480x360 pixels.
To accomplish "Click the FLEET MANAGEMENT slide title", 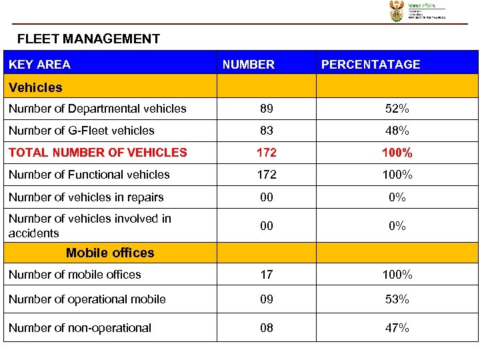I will (x=89, y=39).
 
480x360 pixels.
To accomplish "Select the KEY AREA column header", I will (x=39, y=65).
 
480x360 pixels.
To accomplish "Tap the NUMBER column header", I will (x=248, y=65).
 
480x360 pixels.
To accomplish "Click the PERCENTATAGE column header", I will (x=371, y=65).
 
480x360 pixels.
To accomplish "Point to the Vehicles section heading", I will (x=35, y=87).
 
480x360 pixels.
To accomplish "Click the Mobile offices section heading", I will (x=110, y=253).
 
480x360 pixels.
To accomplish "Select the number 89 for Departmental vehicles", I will (x=267, y=109).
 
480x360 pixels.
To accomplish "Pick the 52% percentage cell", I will (x=397, y=109).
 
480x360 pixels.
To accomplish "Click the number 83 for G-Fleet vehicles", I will (x=267, y=131).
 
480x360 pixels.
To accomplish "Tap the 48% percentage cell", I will (x=397, y=131).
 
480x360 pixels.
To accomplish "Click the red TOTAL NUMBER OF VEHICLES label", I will (x=98, y=153).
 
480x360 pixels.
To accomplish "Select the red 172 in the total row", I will (x=267, y=153).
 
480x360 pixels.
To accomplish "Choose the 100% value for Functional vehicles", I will (x=397, y=175).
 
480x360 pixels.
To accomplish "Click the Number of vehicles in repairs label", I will (x=86, y=197).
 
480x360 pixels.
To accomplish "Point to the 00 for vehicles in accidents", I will (x=267, y=226).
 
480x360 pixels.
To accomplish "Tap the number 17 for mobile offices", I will (x=267, y=275).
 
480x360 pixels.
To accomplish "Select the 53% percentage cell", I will (x=397, y=299).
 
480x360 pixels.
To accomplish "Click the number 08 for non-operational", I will (x=267, y=328).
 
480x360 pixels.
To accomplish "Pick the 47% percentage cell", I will (x=397, y=328).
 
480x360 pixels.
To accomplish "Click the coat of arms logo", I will (x=397, y=11).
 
